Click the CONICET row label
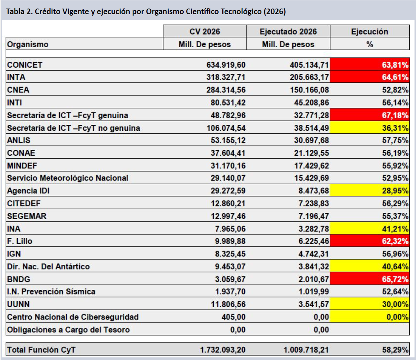pos(25,65)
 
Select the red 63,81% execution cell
pos(370,64)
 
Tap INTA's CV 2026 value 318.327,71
pos(226,77)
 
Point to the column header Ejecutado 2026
pos(288,32)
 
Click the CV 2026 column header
pos(204,32)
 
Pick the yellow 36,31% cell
pos(370,127)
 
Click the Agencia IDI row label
pos(28,191)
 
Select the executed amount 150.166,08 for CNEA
pos(309,90)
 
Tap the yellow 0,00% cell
pos(370,317)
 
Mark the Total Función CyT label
pos(41,350)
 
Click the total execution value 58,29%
pos(395,350)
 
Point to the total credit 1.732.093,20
pos(223,350)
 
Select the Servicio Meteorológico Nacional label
pos(68,178)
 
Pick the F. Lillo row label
pos(20,241)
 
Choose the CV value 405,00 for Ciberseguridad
pos(233,317)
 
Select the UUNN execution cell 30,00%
pos(370,304)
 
